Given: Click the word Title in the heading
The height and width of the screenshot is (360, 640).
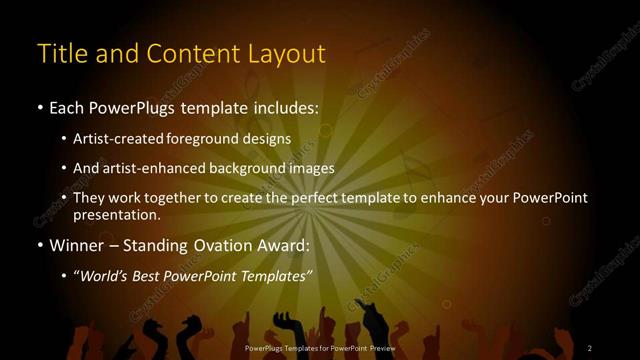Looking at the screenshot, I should click(x=62, y=53).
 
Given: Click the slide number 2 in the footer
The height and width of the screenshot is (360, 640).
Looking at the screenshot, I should click(x=589, y=348).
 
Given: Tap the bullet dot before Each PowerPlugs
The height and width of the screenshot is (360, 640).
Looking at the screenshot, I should click(x=40, y=106).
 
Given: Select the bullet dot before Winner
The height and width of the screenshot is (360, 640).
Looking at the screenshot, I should click(x=40, y=244).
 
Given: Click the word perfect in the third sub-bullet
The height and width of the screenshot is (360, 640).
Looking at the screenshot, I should click(x=317, y=198).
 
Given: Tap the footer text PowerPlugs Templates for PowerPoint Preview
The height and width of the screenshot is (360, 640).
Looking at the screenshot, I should click(x=320, y=348).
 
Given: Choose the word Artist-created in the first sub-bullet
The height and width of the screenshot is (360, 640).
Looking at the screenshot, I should click(x=129, y=138).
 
